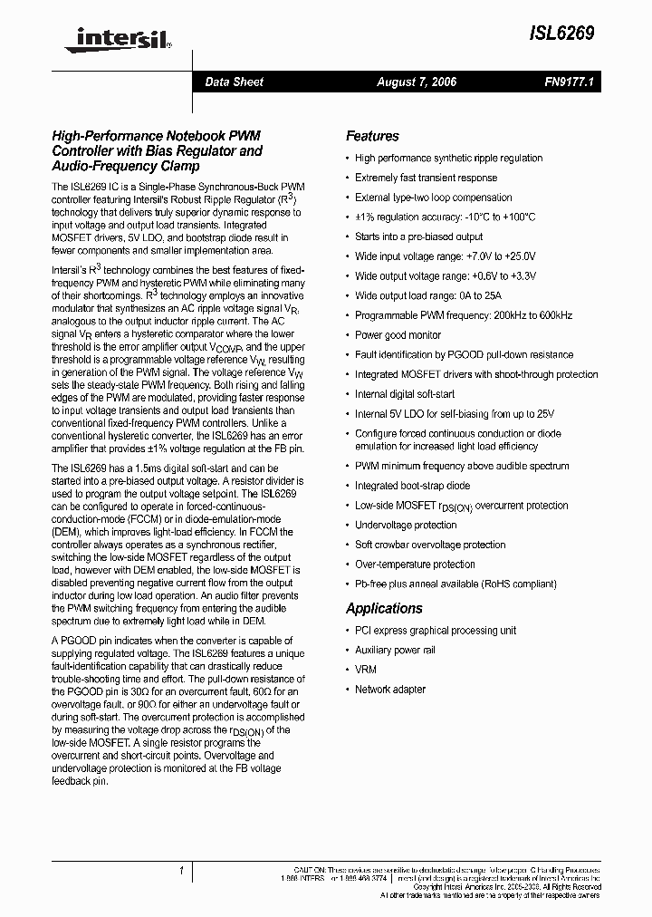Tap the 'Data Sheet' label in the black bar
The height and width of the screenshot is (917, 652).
pyautogui.click(x=234, y=82)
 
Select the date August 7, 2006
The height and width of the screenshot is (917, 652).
pyautogui.click(x=417, y=82)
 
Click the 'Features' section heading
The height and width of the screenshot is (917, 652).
pyautogui.click(x=372, y=136)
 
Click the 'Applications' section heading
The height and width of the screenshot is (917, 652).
pyautogui.click(x=384, y=608)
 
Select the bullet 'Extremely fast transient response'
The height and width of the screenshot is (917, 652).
pyautogui.click(x=426, y=178)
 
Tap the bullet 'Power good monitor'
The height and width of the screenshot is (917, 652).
pyautogui.click(x=398, y=334)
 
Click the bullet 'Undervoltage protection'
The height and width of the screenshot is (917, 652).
pyautogui.click(x=406, y=525)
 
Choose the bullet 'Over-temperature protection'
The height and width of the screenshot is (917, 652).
pyautogui.click(x=415, y=565)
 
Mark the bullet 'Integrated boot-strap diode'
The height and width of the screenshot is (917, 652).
pyautogui.click(x=412, y=486)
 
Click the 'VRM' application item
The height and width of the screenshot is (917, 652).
pyautogui.click(x=366, y=670)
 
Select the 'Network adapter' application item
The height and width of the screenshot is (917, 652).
pyautogui.click(x=389, y=690)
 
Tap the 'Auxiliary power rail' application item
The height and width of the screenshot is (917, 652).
pyautogui.click(x=395, y=650)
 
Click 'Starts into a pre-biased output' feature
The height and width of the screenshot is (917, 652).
pyautogui.click(x=418, y=236)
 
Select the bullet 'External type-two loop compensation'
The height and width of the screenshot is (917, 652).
pyautogui.click(x=433, y=198)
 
